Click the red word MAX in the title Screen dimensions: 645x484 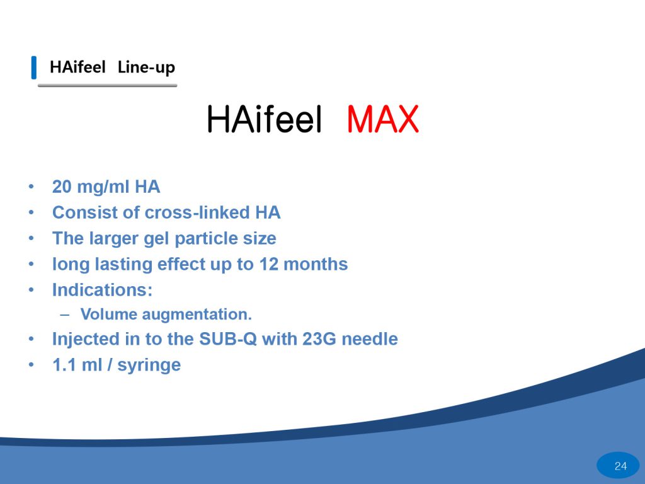382,119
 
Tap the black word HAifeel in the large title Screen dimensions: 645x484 264,119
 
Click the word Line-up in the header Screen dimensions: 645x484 146,67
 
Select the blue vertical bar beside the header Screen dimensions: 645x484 34,67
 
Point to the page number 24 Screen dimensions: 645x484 620,466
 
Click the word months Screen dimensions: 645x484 316,264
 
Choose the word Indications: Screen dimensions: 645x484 103,290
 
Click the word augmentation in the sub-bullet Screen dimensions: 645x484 197,314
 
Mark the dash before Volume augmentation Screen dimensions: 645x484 65,314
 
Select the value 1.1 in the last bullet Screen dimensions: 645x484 65,365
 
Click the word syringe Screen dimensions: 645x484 149,366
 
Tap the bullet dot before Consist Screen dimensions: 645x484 31,213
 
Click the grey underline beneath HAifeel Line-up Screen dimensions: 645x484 107,86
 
